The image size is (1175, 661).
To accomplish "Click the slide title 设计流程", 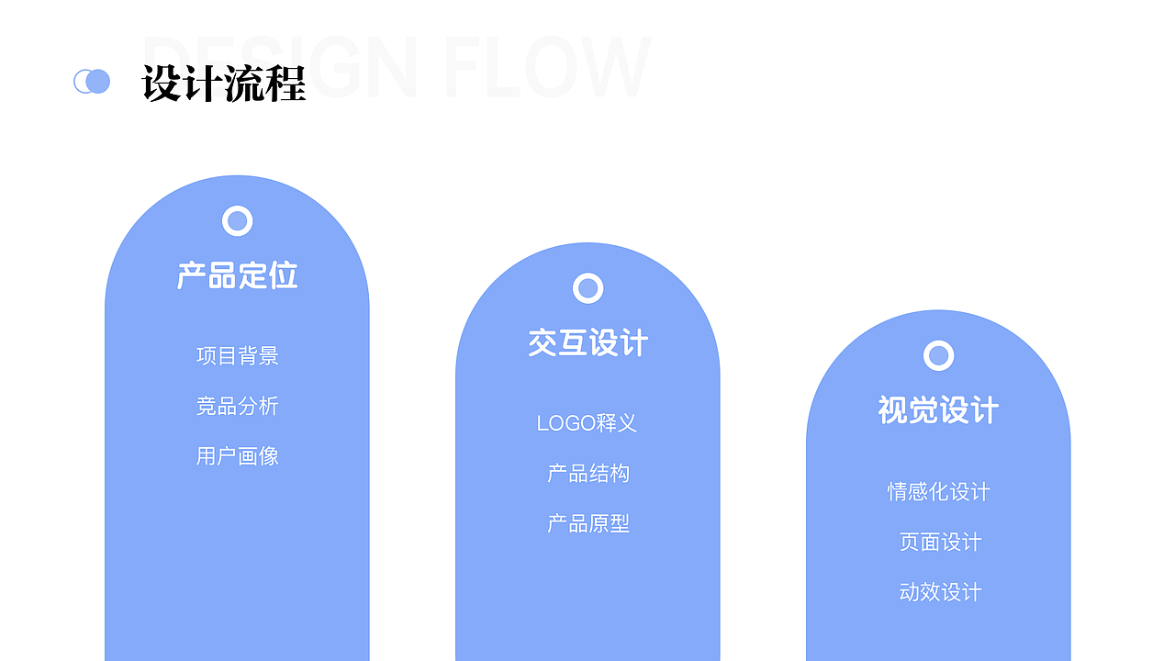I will (224, 84).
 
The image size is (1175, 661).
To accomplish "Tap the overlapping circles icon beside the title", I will (92, 82).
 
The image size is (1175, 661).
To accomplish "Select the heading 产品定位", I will (237, 275).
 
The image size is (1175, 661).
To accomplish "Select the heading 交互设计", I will (587, 343).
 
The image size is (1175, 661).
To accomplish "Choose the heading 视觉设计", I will (938, 410).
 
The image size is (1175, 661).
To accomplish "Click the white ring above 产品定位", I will (237, 221).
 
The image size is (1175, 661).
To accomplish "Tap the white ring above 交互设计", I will (587, 288).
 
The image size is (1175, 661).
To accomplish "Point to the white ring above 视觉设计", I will (938, 355).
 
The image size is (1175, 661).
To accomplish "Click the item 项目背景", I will (237, 356).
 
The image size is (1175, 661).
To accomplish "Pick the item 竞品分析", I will (237, 406).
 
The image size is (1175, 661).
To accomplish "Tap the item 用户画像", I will (237, 456).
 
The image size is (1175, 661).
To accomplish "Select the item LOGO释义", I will (587, 423).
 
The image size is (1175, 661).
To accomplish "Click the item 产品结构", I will (587, 474).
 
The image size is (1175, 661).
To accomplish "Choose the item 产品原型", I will (587, 523).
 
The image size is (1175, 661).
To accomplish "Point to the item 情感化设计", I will (938, 492).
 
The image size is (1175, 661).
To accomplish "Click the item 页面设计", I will (940, 542).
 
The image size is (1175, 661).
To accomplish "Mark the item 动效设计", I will (940, 592).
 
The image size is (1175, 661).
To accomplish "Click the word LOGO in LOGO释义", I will (566, 423).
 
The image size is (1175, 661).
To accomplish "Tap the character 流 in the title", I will (244, 84).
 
